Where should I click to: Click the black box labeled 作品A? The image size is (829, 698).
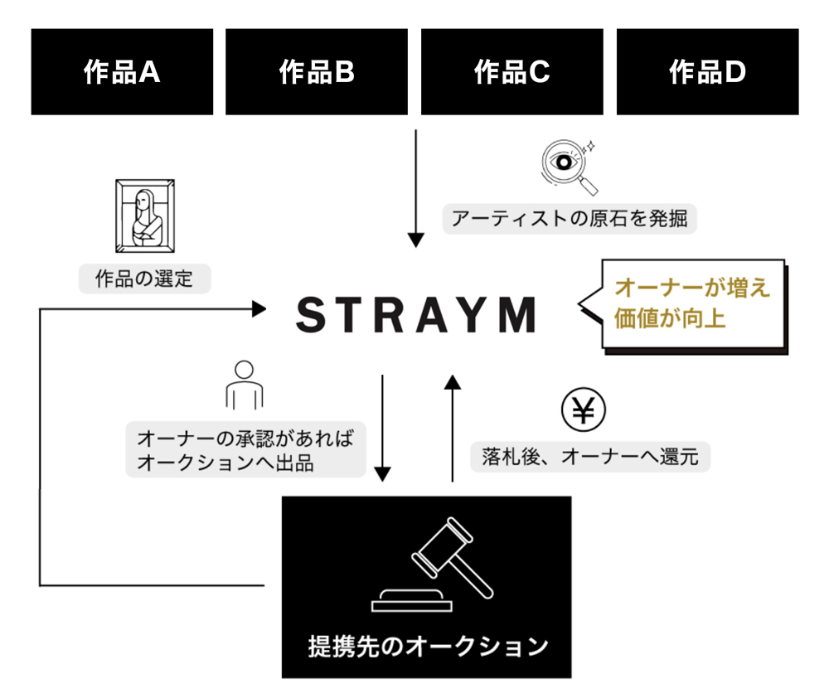pyautogui.click(x=122, y=72)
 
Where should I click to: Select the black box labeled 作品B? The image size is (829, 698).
pyautogui.click(x=317, y=72)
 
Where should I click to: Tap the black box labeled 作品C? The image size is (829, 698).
pyautogui.click(x=511, y=72)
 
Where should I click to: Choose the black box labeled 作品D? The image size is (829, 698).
pyautogui.click(x=707, y=72)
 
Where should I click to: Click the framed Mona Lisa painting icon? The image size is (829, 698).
pyautogui.click(x=143, y=216)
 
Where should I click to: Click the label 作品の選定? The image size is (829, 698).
pyautogui.click(x=144, y=279)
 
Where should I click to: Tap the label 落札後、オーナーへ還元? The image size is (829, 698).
pyautogui.click(x=591, y=457)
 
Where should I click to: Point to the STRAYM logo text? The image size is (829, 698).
pyautogui.click(x=416, y=315)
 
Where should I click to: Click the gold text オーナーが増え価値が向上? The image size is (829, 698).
pyautogui.click(x=691, y=303)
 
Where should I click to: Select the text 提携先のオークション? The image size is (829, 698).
pyautogui.click(x=427, y=645)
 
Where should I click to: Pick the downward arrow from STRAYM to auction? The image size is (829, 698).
pyautogui.click(x=382, y=427)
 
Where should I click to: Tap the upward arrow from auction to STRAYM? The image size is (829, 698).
pyautogui.click(x=452, y=427)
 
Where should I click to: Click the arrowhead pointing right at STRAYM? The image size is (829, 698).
pyautogui.click(x=259, y=308)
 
